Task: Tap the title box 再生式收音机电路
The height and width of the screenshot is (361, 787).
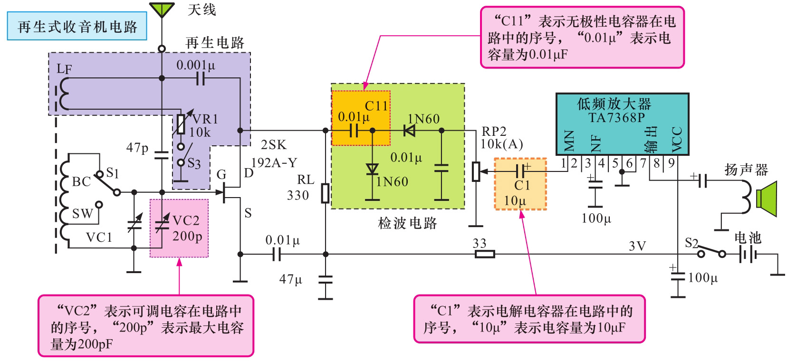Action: (77, 27)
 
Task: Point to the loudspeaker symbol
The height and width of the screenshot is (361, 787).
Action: (766, 199)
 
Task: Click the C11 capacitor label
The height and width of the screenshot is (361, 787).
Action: (376, 106)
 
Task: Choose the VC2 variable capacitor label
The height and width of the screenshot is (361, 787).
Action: (186, 221)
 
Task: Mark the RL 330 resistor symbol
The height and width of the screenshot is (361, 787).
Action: (325, 193)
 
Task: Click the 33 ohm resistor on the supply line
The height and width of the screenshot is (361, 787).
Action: (485, 254)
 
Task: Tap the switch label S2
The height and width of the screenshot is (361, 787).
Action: (691, 244)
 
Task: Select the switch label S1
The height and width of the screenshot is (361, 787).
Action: (113, 172)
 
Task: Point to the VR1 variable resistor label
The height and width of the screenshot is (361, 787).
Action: (205, 119)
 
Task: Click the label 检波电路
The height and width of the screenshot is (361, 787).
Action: (407, 223)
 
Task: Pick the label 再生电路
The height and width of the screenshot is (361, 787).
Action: (215, 43)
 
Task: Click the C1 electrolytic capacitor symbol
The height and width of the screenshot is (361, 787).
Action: (522, 170)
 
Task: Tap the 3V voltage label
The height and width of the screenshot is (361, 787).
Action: (637, 246)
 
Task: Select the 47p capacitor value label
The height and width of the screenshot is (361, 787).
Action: (137, 148)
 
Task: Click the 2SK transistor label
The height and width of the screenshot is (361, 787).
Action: (273, 145)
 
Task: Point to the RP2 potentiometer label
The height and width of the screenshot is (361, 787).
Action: (494, 132)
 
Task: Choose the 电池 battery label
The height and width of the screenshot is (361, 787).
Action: (748, 237)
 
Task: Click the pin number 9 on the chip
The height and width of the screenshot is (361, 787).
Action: (671, 163)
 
